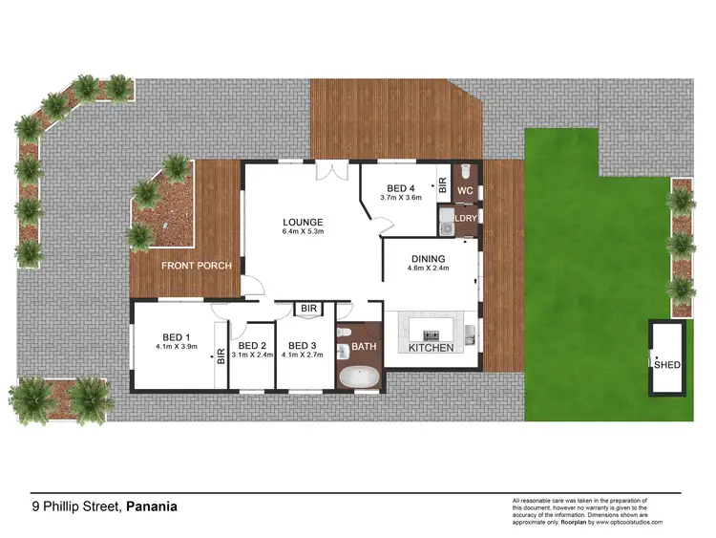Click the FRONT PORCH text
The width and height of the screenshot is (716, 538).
(x=196, y=266)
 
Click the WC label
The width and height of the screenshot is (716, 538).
(x=466, y=191)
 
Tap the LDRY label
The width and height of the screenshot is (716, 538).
(x=466, y=219)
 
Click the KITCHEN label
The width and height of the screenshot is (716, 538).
(x=432, y=348)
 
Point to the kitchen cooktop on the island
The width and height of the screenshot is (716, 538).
(x=432, y=334)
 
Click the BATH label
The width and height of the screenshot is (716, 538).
(x=365, y=345)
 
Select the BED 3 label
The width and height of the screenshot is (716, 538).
(x=302, y=345)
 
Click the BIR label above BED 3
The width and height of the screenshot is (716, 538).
(x=308, y=309)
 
